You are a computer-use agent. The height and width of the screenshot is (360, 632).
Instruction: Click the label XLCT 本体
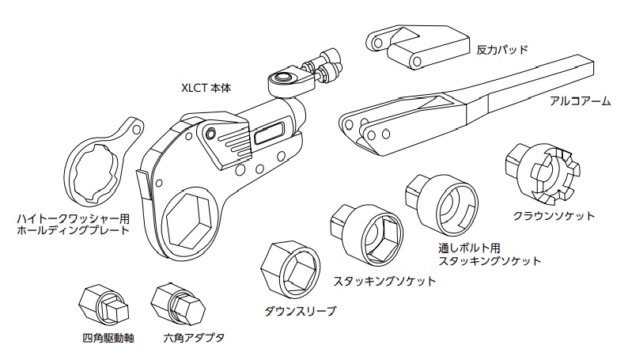208,88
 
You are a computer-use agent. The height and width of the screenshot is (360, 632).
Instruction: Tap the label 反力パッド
501,49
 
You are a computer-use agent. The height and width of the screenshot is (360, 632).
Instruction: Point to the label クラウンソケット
554,215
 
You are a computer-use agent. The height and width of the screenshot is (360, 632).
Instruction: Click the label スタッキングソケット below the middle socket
384,281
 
